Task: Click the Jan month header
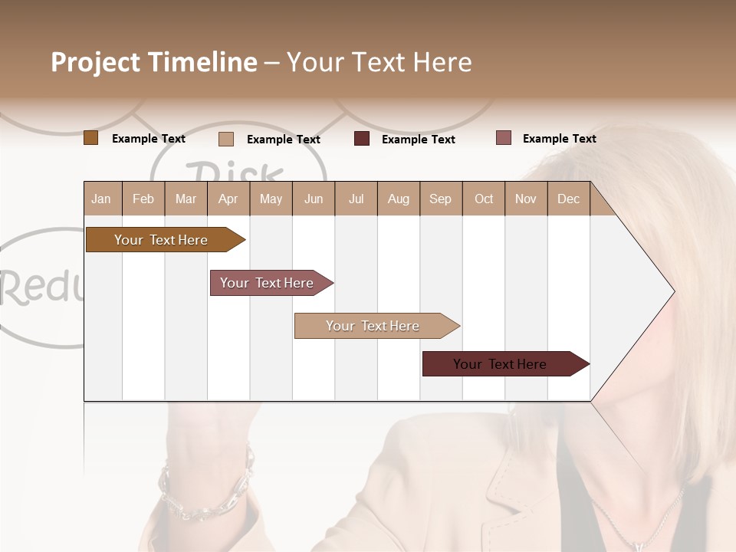coord(102,199)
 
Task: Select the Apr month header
coord(228,199)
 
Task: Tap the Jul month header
coord(356,199)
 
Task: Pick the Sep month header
coord(441,199)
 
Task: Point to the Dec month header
coord(568,199)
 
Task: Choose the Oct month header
coord(484,199)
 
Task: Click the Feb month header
coord(143,199)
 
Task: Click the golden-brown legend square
coord(91,138)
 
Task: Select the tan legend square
coord(226,139)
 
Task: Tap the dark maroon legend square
coord(362,139)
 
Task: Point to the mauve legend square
coord(503,138)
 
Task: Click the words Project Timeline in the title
coord(153,62)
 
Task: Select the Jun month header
coord(314,199)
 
